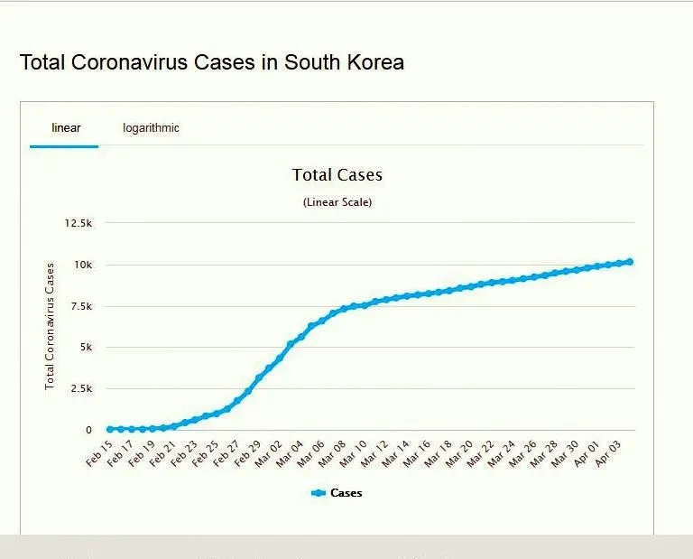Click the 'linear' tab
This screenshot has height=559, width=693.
(x=65, y=128)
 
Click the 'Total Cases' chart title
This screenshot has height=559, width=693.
(x=337, y=175)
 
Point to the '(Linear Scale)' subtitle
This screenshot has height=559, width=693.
(x=337, y=202)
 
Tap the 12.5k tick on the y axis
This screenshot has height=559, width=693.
(x=79, y=223)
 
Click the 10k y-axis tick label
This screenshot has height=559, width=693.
(x=83, y=265)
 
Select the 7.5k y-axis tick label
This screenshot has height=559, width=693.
(x=81, y=306)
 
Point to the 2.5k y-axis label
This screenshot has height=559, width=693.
(x=81, y=388)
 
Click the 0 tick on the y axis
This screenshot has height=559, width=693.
(x=88, y=430)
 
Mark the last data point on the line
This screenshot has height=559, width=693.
(x=629, y=262)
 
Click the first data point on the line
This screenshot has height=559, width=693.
(x=110, y=429)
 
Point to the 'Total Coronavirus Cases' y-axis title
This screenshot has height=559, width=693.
(x=51, y=326)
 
